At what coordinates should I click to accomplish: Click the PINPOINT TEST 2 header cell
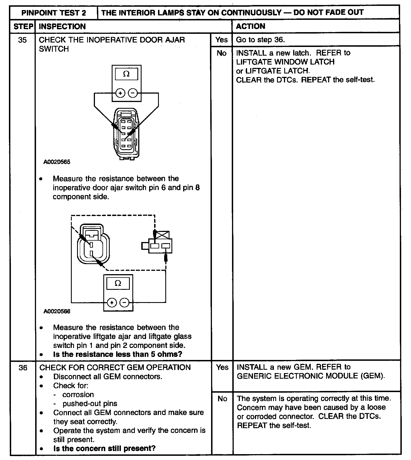(x=54, y=13)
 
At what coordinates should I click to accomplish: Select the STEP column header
(x=23, y=27)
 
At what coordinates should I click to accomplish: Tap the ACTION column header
(x=250, y=26)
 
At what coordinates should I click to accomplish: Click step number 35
(x=22, y=40)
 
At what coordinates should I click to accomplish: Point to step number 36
(x=23, y=367)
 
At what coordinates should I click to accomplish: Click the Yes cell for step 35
(x=221, y=40)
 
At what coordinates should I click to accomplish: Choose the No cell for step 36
(x=222, y=399)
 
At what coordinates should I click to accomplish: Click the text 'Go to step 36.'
(x=260, y=40)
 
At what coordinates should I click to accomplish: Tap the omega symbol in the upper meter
(x=126, y=74)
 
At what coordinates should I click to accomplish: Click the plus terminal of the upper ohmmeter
(x=120, y=93)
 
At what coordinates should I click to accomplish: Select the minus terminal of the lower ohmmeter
(x=125, y=302)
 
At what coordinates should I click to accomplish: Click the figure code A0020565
(x=57, y=162)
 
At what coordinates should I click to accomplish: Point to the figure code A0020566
(x=57, y=311)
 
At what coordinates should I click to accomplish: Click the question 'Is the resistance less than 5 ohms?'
(x=118, y=354)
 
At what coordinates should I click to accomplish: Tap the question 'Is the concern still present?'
(x=104, y=449)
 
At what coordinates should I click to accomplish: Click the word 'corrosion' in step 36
(x=78, y=395)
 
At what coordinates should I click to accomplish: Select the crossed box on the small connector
(x=163, y=235)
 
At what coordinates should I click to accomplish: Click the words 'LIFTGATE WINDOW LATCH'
(x=285, y=62)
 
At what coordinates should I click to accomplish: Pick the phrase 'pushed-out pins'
(x=90, y=404)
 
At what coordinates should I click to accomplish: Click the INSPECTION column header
(x=62, y=27)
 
